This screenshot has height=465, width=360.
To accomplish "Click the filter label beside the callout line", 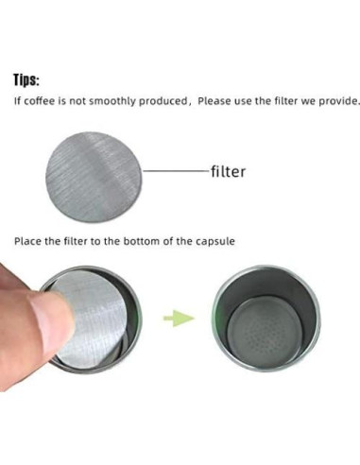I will [228, 172].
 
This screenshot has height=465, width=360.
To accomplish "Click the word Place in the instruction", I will [27, 241].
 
